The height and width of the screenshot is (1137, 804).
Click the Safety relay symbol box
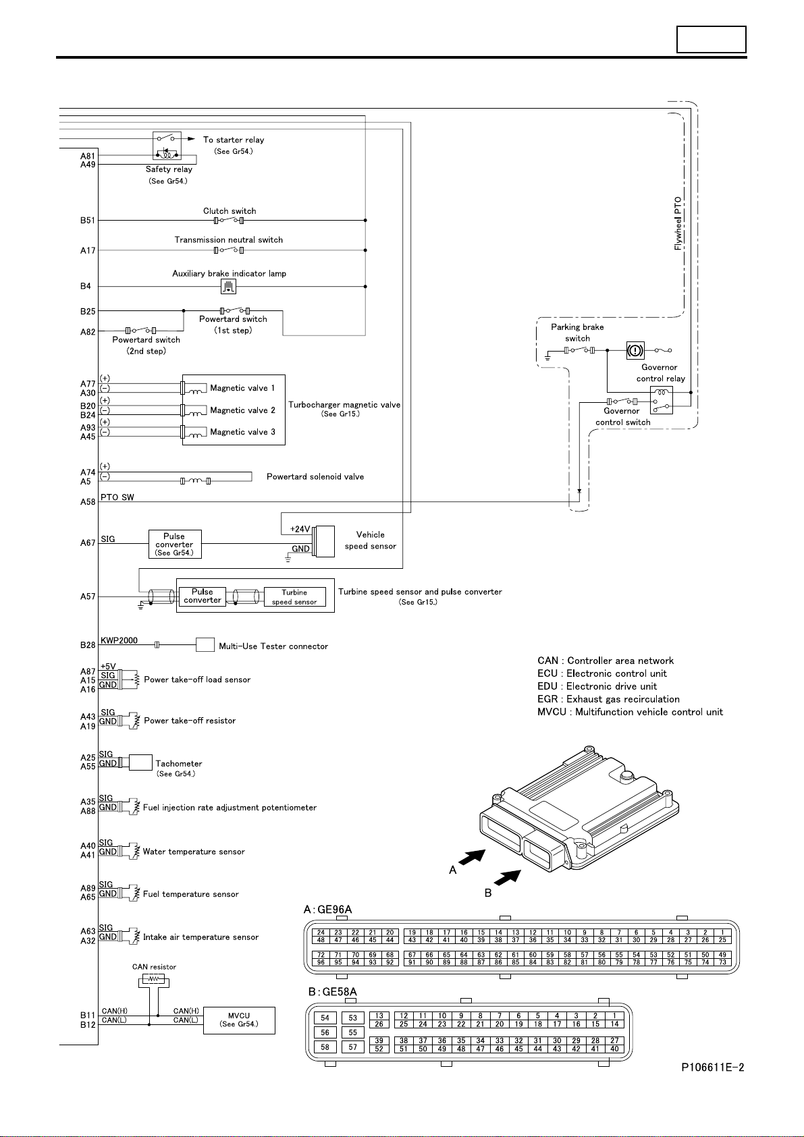coord(167,146)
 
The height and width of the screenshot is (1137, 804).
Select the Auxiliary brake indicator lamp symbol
coord(229,287)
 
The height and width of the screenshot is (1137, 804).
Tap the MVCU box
coord(239,1020)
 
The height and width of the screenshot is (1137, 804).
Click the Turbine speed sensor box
coord(294,597)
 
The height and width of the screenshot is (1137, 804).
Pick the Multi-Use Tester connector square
coord(205,644)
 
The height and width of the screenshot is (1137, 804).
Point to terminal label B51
coord(88,220)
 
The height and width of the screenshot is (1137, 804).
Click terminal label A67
coord(88,543)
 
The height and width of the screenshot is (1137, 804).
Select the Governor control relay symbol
coord(662,400)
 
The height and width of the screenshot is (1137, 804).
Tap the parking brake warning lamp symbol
coord(635,350)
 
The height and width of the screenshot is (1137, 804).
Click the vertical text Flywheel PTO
coord(678,223)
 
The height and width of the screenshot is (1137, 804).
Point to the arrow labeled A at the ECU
coord(472,857)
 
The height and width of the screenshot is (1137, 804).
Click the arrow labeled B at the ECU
coord(508,878)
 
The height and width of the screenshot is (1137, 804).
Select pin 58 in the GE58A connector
coord(325,1047)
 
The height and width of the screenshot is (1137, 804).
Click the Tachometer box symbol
coord(140,762)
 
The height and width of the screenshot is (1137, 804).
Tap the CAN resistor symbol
coord(154,978)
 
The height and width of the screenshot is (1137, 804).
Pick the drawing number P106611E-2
coord(713,1067)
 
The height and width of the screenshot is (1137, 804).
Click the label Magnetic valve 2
coord(243,410)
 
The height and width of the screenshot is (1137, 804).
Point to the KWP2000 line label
coord(119,640)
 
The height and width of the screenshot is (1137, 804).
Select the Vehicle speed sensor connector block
coord(324,542)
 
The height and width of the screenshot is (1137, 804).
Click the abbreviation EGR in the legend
coord(547,699)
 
